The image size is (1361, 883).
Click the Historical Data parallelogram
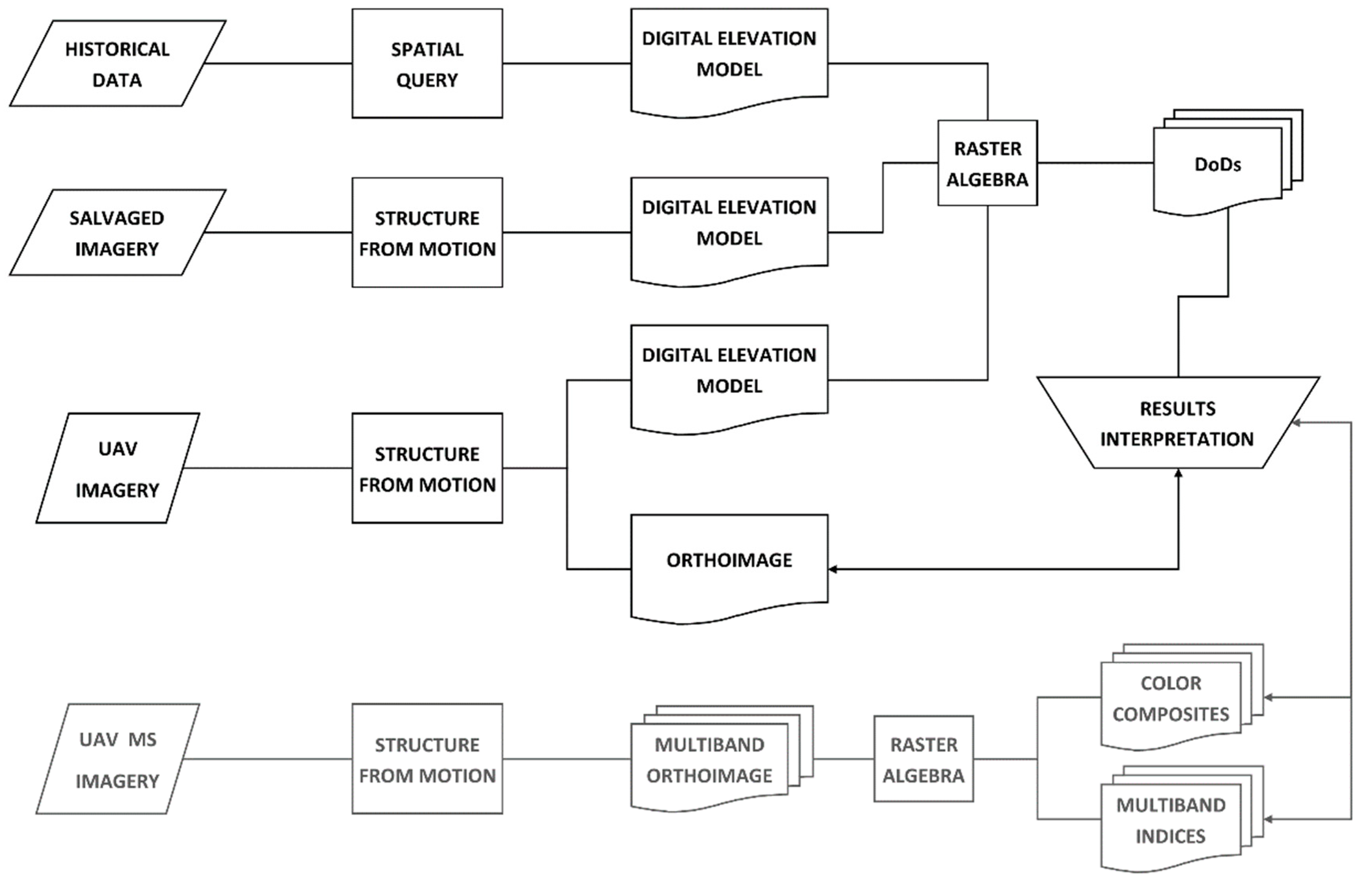[x=117, y=63]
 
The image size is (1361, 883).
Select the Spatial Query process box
[x=427, y=63]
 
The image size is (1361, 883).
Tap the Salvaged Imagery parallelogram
[x=117, y=233]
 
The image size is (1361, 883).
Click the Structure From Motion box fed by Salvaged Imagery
[x=427, y=233]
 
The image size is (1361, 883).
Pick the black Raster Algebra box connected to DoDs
[x=987, y=163]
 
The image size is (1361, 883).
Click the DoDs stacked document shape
[x=1218, y=166]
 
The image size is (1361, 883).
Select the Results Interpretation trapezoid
[x=1178, y=423]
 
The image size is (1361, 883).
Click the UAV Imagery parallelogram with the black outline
[x=117, y=468]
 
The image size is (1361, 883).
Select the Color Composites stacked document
[x=1171, y=700]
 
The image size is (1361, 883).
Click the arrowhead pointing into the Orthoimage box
[x=832, y=569]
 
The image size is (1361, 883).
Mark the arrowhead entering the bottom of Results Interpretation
[x=1178, y=472]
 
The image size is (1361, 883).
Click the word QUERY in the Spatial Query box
[x=427, y=80]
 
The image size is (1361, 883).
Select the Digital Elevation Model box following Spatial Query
[x=729, y=57]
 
